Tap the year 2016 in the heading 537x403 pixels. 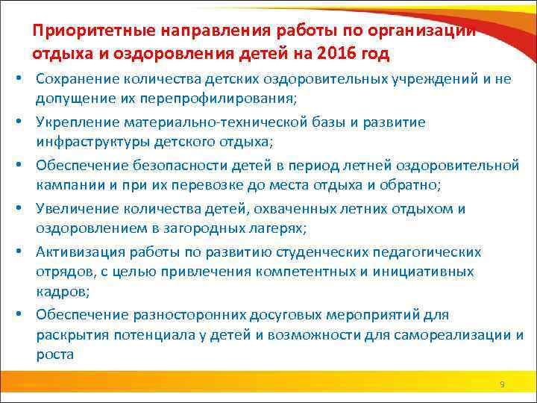point(340,54)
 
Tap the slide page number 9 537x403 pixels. point(502,384)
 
